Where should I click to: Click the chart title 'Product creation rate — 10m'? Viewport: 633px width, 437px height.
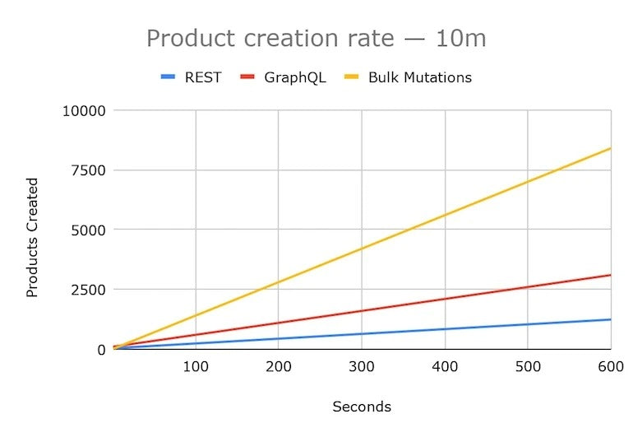(316, 38)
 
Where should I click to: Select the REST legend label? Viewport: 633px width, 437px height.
(202, 77)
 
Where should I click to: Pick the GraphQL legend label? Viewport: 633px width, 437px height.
(295, 77)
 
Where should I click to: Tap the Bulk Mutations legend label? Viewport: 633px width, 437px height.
(420, 77)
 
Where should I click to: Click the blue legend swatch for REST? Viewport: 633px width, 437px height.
(169, 77)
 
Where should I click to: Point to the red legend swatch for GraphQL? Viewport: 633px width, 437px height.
(248, 77)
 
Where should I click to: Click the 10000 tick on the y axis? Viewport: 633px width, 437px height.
(85, 110)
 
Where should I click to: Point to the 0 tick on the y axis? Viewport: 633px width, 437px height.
(102, 350)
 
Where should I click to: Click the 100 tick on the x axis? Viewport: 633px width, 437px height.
(196, 367)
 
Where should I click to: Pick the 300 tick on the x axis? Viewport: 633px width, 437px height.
(362, 367)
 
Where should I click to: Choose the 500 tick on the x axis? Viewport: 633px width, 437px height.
(527, 367)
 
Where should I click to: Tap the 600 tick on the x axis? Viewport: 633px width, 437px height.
(609, 367)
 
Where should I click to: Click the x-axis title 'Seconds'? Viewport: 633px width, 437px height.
(362, 407)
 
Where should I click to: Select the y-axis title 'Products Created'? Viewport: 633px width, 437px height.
(33, 238)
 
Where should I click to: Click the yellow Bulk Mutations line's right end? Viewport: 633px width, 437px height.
(610, 148)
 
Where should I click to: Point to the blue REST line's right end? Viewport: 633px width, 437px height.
(610, 319)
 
